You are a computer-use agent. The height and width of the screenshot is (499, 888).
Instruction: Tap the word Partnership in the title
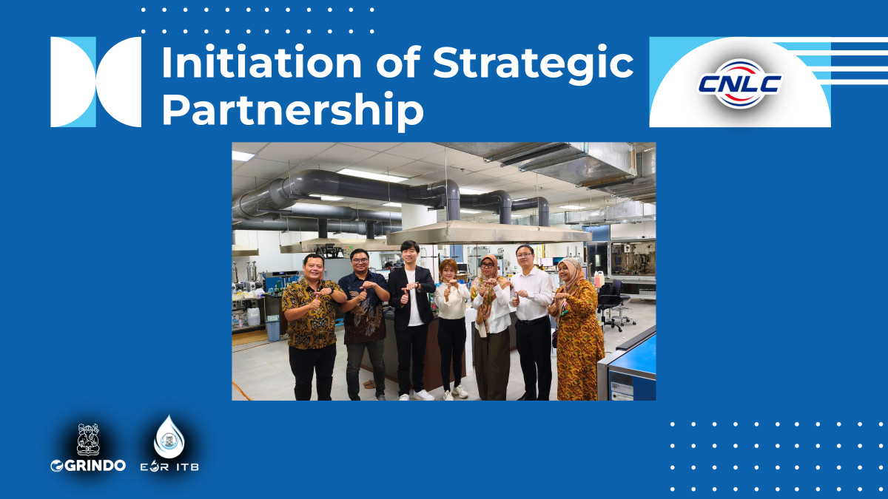(292, 111)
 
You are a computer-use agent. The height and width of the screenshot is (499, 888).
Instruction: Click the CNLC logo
(739, 83)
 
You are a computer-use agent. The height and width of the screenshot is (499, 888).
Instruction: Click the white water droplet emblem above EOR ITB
(169, 437)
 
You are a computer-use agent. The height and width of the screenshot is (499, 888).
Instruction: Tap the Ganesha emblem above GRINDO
(88, 439)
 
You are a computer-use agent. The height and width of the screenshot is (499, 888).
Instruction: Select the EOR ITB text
(169, 466)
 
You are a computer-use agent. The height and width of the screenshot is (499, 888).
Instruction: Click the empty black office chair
(614, 303)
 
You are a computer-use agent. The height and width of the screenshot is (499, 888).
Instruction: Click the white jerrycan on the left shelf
(254, 316)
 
